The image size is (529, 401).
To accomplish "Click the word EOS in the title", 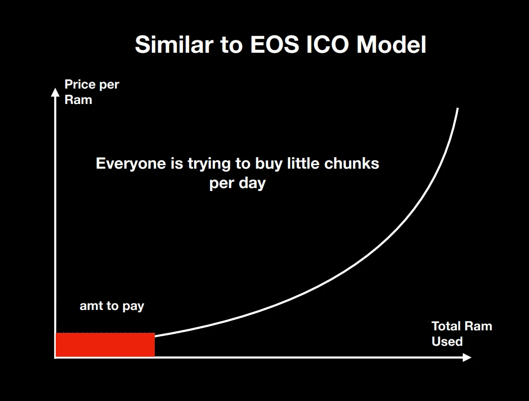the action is tap(275, 44).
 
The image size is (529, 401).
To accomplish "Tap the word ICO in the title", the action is tap(327, 44).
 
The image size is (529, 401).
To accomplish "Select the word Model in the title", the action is tap(391, 44).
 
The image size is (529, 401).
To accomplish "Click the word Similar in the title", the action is tap(174, 44).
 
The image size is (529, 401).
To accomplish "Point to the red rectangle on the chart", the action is tap(106, 345).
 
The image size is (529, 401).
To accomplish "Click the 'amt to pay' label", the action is tap(111, 306).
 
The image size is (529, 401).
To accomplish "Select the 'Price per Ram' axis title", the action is tap(92, 92).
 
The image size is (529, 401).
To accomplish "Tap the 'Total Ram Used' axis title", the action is tap(461, 334).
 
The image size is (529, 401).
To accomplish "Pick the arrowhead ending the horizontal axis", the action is tap(467, 358).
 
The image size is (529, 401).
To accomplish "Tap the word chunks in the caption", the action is tap(351, 164).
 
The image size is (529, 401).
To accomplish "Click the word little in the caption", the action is tap(303, 163).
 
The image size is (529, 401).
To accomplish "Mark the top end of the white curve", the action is tap(458, 108).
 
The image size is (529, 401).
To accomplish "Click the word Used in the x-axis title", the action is tap(447, 341).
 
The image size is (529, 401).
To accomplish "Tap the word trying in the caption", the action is tap(209, 164).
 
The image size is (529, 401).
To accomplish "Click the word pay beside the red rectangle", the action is tap(133, 306).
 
